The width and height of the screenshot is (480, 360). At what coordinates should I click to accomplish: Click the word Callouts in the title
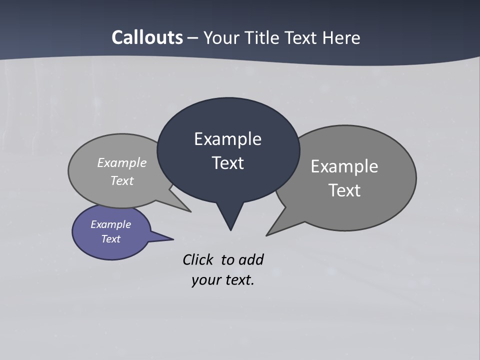[147, 37]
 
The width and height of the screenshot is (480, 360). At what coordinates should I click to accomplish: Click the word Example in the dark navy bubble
[227, 139]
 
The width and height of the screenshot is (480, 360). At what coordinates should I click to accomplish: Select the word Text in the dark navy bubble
[227, 163]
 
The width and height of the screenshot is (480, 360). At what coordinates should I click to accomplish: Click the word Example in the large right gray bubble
[344, 166]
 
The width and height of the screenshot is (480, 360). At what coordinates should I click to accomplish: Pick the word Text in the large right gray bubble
[344, 190]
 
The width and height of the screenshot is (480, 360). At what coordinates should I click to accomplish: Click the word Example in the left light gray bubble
[121, 163]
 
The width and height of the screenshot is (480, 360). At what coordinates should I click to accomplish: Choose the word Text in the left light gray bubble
[121, 181]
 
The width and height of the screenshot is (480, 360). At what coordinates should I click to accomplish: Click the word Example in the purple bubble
[110, 224]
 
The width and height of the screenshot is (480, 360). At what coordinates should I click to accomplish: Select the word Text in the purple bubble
[110, 239]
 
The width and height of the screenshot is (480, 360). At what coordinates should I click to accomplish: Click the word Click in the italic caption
[197, 259]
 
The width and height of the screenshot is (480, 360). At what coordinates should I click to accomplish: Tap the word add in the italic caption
[250, 259]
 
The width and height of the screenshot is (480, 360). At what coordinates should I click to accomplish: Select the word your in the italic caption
[205, 280]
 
